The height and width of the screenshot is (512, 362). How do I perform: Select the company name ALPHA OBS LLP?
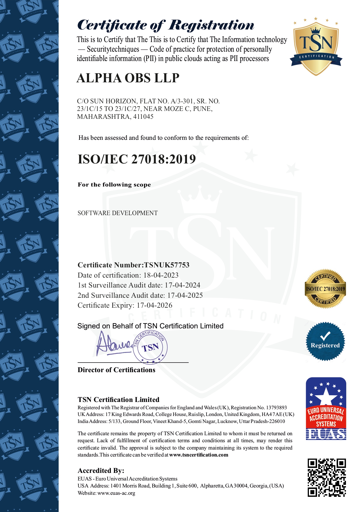128,78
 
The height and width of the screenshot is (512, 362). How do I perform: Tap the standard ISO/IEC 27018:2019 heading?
137,159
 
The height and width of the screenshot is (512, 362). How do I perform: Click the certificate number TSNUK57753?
167,265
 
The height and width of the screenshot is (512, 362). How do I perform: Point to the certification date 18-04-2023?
161,275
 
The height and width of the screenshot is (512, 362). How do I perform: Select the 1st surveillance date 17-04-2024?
182,285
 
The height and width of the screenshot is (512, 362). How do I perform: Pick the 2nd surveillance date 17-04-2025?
185,295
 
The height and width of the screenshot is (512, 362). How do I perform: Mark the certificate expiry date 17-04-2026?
154,305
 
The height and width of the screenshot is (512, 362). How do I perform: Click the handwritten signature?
114,344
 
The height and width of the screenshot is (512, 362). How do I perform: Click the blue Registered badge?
325,342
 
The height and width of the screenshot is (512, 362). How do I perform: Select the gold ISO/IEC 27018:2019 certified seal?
325,289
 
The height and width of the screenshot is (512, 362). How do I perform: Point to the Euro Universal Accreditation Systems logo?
326,409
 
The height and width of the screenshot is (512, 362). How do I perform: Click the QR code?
327,478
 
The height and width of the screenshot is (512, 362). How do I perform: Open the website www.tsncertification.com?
199,455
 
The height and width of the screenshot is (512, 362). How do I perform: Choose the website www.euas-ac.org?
116,493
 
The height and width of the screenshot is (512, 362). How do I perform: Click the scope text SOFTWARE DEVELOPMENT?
118,213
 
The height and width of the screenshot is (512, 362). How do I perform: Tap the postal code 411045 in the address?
143,117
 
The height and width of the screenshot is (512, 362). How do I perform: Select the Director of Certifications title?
116,370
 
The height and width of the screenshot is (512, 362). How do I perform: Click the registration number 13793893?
276,407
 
